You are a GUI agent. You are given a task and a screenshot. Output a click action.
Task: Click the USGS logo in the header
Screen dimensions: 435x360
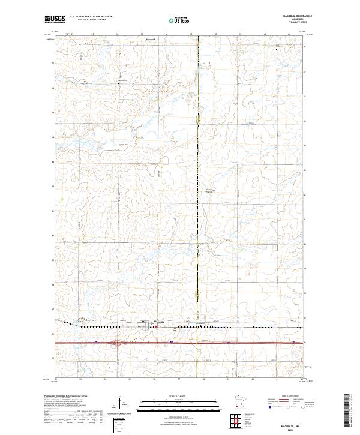coord(55,19)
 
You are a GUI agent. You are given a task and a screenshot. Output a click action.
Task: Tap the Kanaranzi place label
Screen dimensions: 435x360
coord(151,39)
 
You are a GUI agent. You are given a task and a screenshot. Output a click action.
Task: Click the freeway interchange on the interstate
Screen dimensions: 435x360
coord(118,343)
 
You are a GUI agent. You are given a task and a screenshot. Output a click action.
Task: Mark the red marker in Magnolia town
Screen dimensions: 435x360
coord(157,327)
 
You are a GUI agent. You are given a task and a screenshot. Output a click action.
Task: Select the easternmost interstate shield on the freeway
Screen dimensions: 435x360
coord(294,343)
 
